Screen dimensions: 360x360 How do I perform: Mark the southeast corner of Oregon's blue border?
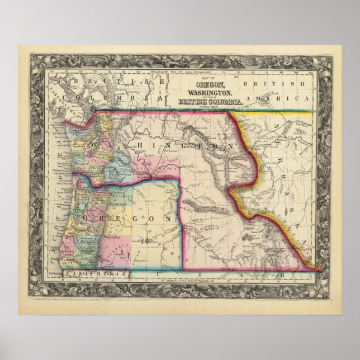coord(178,269)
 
